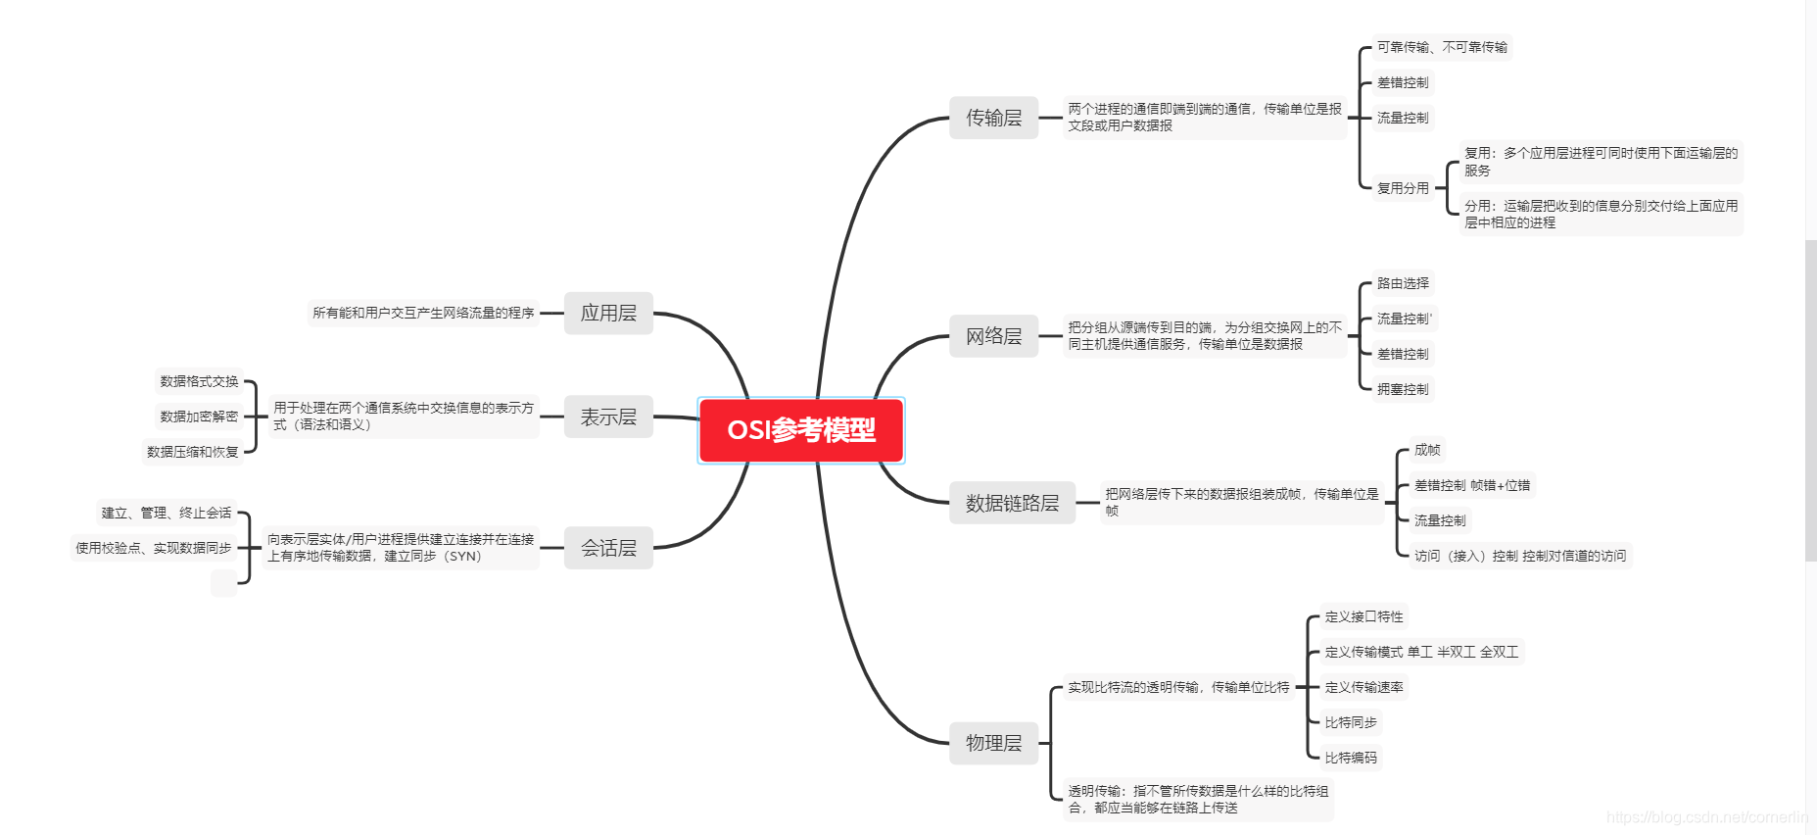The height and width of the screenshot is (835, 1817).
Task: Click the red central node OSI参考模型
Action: (801, 430)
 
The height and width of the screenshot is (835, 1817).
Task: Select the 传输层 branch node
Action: (993, 118)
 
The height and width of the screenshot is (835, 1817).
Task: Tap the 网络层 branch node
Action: (993, 336)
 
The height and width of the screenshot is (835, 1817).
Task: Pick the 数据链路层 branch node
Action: (1012, 503)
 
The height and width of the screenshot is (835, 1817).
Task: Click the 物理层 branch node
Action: (993, 743)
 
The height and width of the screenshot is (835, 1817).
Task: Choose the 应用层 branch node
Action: (608, 313)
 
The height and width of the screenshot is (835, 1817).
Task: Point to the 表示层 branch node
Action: (608, 417)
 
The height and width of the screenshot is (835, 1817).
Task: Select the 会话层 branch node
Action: (608, 548)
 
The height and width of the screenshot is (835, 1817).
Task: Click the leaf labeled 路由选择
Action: (1403, 283)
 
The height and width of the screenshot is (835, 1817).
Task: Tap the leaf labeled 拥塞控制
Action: (1403, 389)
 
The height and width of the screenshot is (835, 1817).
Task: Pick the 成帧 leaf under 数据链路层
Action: (1427, 450)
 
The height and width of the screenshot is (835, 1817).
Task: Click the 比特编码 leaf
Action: (1351, 758)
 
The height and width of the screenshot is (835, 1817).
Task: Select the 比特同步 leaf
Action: (1351, 722)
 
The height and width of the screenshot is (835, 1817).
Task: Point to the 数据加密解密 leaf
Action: (199, 417)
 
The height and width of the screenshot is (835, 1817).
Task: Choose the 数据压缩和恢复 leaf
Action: (193, 452)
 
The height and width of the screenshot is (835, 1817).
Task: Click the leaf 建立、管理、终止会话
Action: (167, 513)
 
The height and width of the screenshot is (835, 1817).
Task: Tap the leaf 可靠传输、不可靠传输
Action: (1442, 47)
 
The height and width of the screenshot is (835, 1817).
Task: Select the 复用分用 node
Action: (1403, 188)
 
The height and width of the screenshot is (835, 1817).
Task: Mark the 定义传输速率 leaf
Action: (1363, 687)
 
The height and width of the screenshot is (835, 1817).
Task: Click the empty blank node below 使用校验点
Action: (223, 583)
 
